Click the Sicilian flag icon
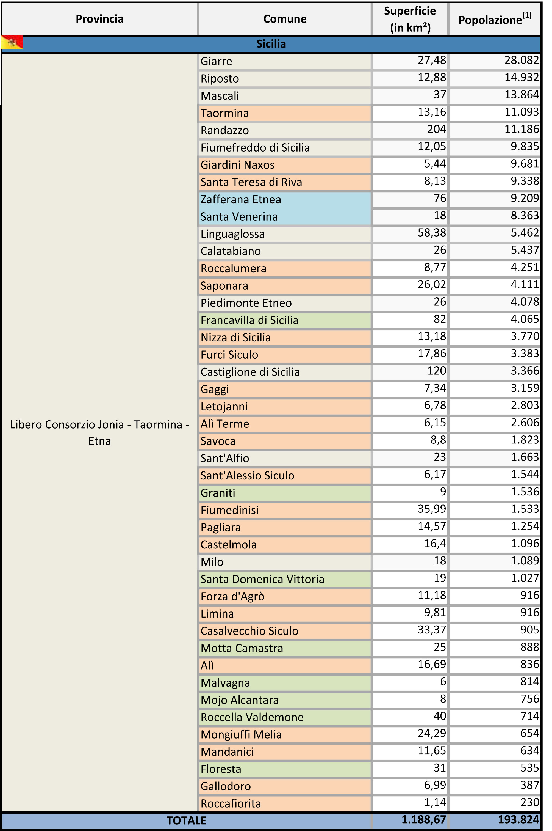[12, 42]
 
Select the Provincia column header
[100, 19]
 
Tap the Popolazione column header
[495, 19]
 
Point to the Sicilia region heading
[271, 44]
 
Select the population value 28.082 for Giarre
[522, 60]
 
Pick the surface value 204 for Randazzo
[437, 129]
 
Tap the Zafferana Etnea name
[241, 199]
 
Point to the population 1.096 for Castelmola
[525, 544]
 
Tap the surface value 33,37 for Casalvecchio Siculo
[432, 630]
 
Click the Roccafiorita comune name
[231, 804]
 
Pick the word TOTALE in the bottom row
[186, 821]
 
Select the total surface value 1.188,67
[423, 820]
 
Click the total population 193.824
[518, 820]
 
